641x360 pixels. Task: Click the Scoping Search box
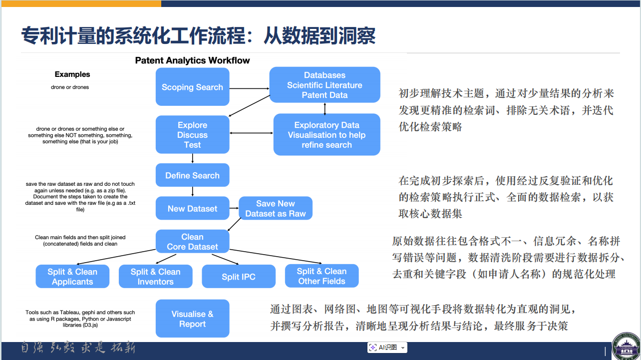pyautogui.click(x=192, y=87)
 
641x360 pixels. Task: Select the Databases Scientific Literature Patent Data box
pyautogui.click(x=324, y=85)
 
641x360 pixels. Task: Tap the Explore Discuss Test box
pyautogui.click(x=192, y=135)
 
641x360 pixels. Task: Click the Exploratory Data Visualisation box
pyautogui.click(x=326, y=135)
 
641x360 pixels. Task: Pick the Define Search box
pyautogui.click(x=192, y=175)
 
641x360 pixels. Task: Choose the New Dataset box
pyautogui.click(x=192, y=208)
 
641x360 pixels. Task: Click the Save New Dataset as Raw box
pyautogui.click(x=276, y=208)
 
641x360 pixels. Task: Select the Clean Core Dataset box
pyautogui.click(x=192, y=242)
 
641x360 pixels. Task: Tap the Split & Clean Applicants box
pyautogui.click(x=72, y=277)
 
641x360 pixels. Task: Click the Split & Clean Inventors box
pyautogui.click(x=155, y=277)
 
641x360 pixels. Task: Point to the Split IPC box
pyautogui.click(x=238, y=277)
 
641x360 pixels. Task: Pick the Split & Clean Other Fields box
pyautogui.click(x=321, y=276)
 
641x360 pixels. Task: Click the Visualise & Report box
pyautogui.click(x=192, y=319)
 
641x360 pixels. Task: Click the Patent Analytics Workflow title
pyautogui.click(x=192, y=60)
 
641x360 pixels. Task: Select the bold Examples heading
pyautogui.click(x=72, y=74)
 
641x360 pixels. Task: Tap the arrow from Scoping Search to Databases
pyautogui.click(x=249, y=89)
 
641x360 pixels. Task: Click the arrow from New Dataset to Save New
pyautogui.click(x=234, y=208)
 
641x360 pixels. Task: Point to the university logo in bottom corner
pyautogui.click(x=626, y=347)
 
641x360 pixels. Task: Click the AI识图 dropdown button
pyautogui.click(x=403, y=347)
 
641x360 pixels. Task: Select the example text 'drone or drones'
pyautogui.click(x=70, y=87)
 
